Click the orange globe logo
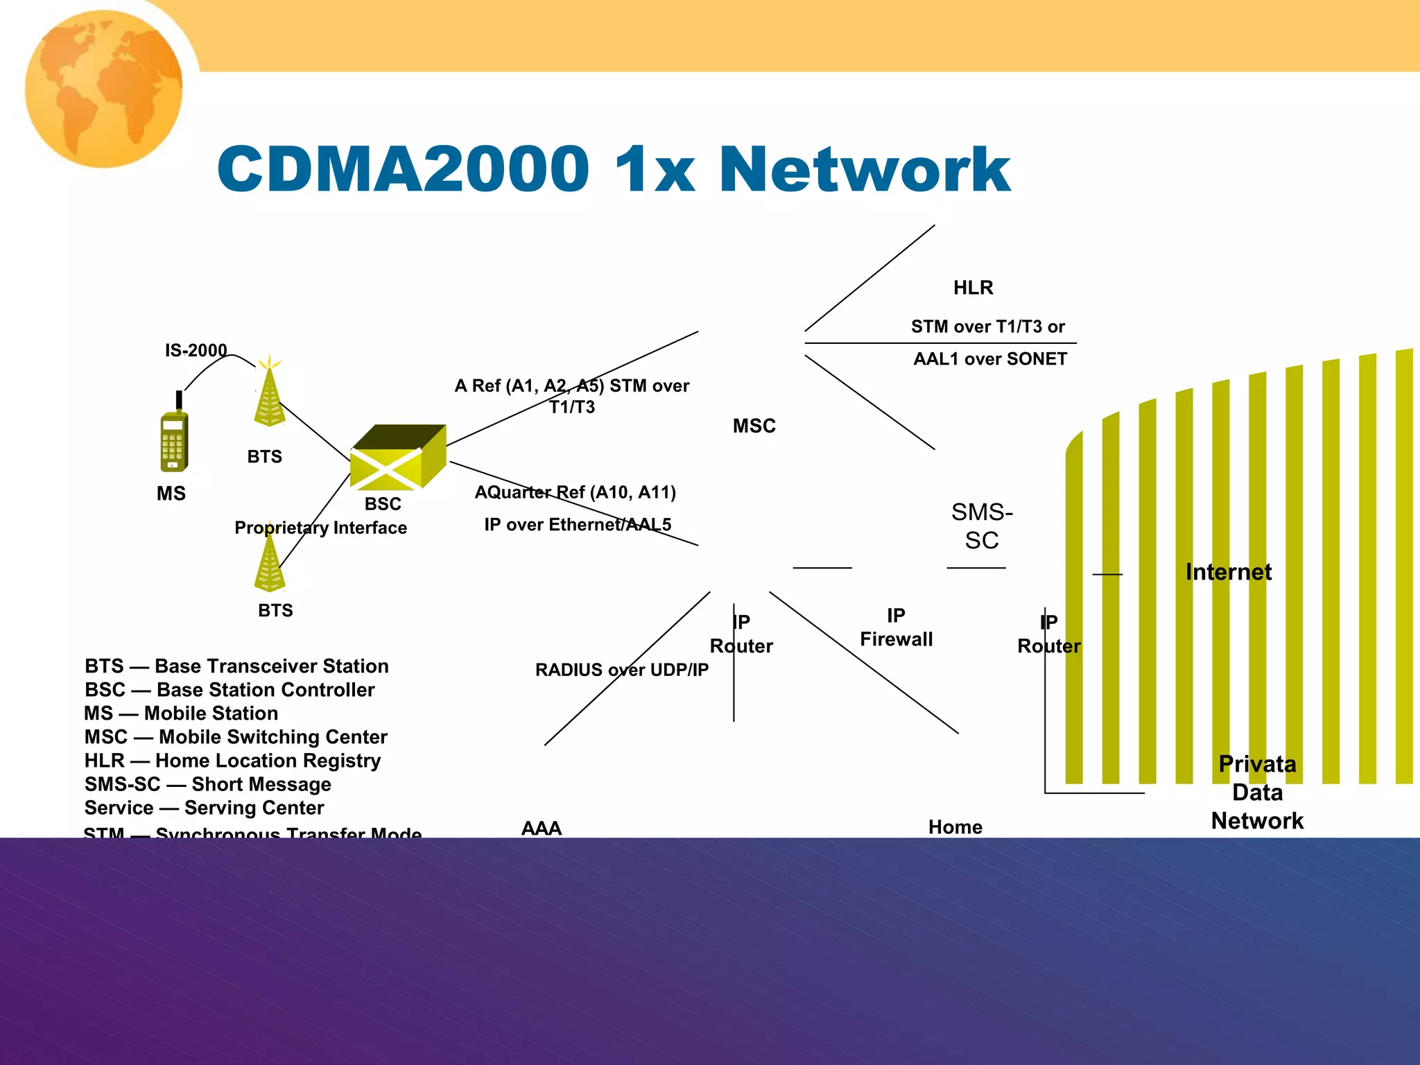point(104,88)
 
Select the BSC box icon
point(397,458)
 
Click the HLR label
point(973,288)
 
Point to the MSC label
point(754,426)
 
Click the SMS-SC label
point(982,526)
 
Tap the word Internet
point(1228,572)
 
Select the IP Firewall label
point(896,627)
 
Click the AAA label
point(541,828)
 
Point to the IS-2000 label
point(196,350)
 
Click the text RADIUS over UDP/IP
point(621,670)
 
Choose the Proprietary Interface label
point(320,528)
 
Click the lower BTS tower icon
point(270,565)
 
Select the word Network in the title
point(864,170)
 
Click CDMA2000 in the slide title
point(403,170)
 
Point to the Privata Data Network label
point(1256,792)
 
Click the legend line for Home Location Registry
point(232,761)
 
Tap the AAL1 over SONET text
point(989,359)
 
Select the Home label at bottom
point(955,827)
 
